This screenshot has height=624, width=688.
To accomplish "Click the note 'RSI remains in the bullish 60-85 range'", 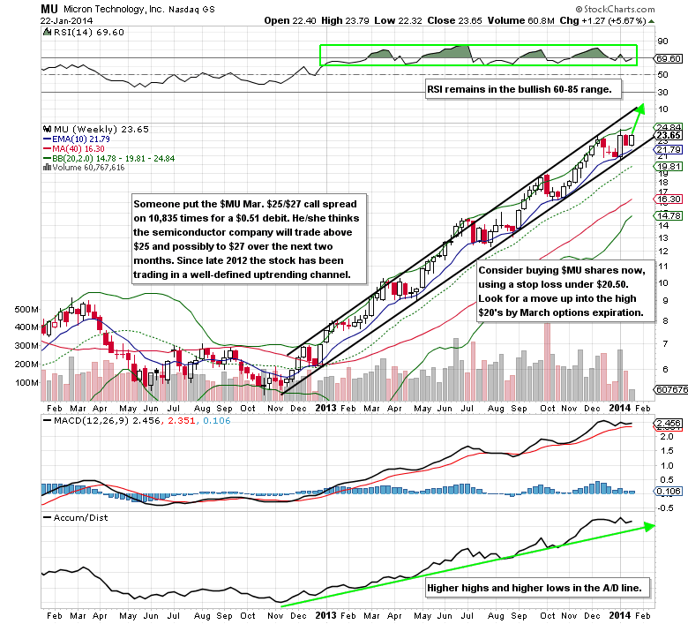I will (525, 89).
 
